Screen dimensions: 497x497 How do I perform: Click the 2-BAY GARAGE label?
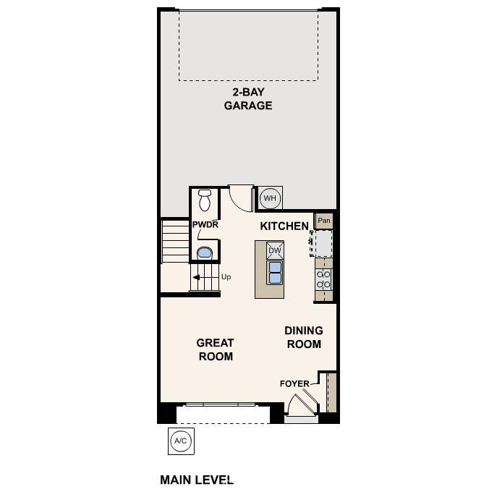tap(247, 99)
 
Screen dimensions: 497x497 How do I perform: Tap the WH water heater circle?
tap(269, 197)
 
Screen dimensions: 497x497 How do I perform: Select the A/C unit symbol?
tap(181, 441)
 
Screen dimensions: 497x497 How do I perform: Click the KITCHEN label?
tap(284, 226)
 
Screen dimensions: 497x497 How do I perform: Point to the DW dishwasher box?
tap(274, 251)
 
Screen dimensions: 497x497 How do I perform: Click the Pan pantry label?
tap(323, 221)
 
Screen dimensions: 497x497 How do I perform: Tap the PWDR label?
tap(205, 225)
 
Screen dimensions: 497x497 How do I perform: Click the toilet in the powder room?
tap(205, 199)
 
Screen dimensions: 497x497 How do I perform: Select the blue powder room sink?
tap(205, 252)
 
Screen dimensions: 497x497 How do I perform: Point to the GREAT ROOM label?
tap(216, 349)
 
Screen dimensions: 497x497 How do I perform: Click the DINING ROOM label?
tap(304, 337)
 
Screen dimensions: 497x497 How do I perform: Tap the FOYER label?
tap(294, 383)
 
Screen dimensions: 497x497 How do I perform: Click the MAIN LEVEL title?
tap(196, 480)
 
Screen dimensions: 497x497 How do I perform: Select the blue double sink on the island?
tap(275, 272)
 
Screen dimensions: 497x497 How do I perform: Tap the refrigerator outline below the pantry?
tap(323, 243)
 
